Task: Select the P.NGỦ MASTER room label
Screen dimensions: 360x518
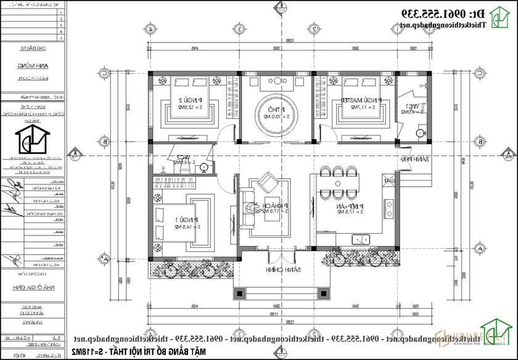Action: tap(354, 102)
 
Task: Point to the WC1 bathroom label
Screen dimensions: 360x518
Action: tap(409, 109)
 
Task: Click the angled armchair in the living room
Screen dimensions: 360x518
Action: tap(268, 182)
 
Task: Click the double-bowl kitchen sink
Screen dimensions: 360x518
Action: tap(359, 239)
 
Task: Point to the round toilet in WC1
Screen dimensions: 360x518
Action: tap(421, 133)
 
